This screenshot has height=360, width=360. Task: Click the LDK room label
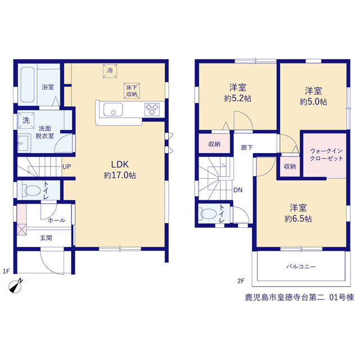click(120, 164)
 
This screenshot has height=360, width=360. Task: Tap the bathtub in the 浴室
click(28, 85)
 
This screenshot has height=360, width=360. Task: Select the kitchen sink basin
click(113, 110)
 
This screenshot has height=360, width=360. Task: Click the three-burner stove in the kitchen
click(152, 109)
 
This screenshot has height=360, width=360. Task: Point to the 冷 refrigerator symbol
click(110, 71)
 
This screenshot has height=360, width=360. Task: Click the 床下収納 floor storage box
click(132, 91)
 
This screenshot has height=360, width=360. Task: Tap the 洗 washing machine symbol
click(26, 120)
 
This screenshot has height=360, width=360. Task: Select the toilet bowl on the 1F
click(31, 191)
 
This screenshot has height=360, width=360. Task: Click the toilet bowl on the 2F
click(208, 214)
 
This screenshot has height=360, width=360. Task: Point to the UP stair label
click(66, 166)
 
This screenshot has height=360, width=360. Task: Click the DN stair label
click(238, 190)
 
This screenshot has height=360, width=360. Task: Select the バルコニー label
click(301, 267)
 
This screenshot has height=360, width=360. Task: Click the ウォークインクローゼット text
click(326, 155)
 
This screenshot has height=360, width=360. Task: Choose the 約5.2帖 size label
click(237, 98)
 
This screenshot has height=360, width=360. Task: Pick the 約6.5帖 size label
click(298, 219)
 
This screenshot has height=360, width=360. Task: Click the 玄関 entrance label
click(46, 238)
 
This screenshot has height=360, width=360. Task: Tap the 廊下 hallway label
click(247, 147)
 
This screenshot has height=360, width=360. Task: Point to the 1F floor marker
click(6, 271)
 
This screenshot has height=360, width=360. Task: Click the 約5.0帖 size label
click(313, 102)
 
